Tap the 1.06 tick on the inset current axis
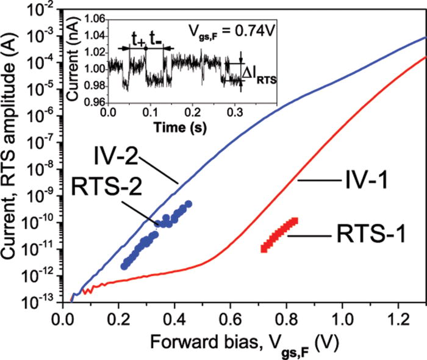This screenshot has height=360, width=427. (91, 20)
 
